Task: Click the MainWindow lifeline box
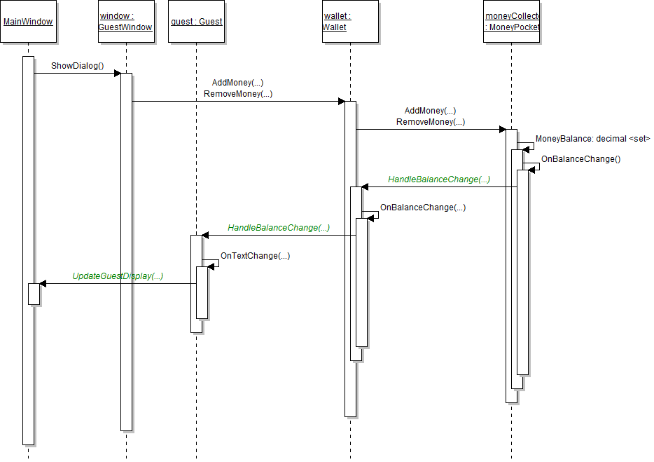coord(28,22)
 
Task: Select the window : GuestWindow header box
coord(126,22)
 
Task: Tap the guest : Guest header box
coord(196,22)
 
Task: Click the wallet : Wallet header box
coord(350,22)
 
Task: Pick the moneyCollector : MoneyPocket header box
coord(512,22)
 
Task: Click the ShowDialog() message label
coord(77,67)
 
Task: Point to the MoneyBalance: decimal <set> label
coord(592,139)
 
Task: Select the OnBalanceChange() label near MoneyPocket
coord(580,159)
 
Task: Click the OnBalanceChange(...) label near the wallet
coord(422,208)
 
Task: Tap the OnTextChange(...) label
coord(255,256)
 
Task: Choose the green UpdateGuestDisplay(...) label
coord(118,276)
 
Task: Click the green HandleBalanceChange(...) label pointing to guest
coord(279,228)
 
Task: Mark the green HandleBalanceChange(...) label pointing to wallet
coord(439,179)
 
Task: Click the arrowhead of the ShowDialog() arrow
coord(118,73)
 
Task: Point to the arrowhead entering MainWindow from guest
coord(43,283)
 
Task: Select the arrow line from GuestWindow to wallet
coord(238,101)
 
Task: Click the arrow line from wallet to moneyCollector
coord(431,129)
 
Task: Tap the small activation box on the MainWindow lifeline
coord(34,294)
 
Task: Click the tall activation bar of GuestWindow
coord(126,280)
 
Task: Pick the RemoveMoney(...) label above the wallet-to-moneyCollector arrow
coord(431,122)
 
